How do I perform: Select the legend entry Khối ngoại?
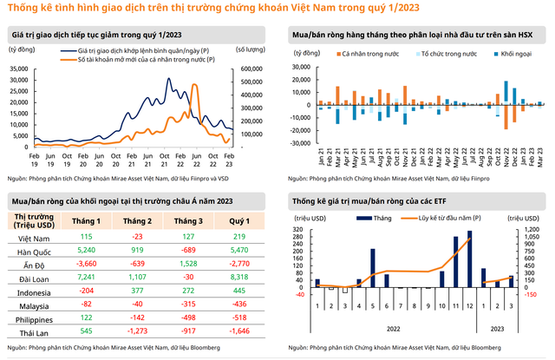point(507,54)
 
